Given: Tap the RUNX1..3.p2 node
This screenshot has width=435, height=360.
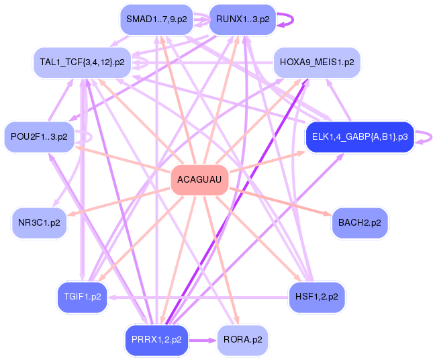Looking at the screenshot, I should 242,19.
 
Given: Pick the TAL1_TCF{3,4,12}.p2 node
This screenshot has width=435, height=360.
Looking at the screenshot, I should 82,62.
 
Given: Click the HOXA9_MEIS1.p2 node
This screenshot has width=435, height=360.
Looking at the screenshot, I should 317,62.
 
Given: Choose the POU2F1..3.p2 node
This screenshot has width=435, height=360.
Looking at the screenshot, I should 39,137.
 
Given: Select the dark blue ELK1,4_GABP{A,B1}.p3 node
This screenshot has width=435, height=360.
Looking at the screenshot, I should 359,137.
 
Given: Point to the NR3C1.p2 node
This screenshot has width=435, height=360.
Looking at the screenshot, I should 39,222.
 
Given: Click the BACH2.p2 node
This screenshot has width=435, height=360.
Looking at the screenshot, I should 359,222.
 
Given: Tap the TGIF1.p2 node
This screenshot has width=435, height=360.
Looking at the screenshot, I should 82,296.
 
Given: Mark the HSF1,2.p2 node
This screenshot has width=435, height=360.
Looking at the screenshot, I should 316,296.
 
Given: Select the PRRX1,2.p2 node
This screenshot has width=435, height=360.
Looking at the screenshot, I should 156,340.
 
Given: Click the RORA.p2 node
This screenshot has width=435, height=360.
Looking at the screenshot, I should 242,340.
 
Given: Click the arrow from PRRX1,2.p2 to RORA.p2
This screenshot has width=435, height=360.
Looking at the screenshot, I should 201,340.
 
